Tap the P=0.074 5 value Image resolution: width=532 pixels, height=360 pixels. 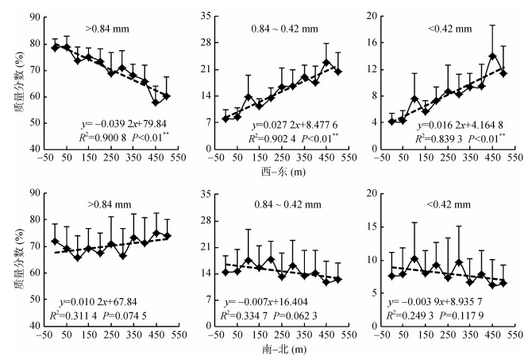click(149, 314)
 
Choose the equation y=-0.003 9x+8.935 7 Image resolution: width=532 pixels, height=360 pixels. click(447, 302)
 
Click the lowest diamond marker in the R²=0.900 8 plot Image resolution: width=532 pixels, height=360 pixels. click(156, 103)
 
